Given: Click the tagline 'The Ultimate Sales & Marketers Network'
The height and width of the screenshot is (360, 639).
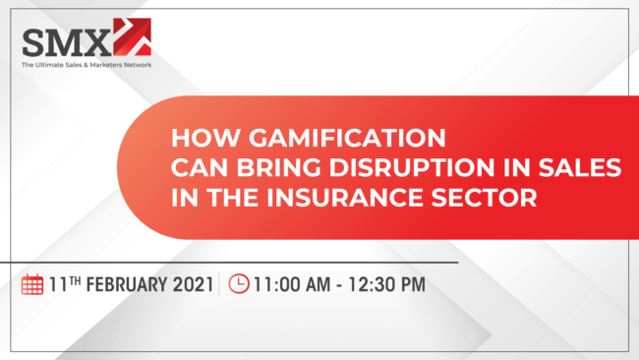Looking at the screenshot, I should (87, 65).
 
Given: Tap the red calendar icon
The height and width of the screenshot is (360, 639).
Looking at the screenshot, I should (32, 285).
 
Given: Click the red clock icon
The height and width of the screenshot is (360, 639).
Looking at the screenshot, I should (239, 284).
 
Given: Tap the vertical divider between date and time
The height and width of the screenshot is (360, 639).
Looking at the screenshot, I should (221, 284).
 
